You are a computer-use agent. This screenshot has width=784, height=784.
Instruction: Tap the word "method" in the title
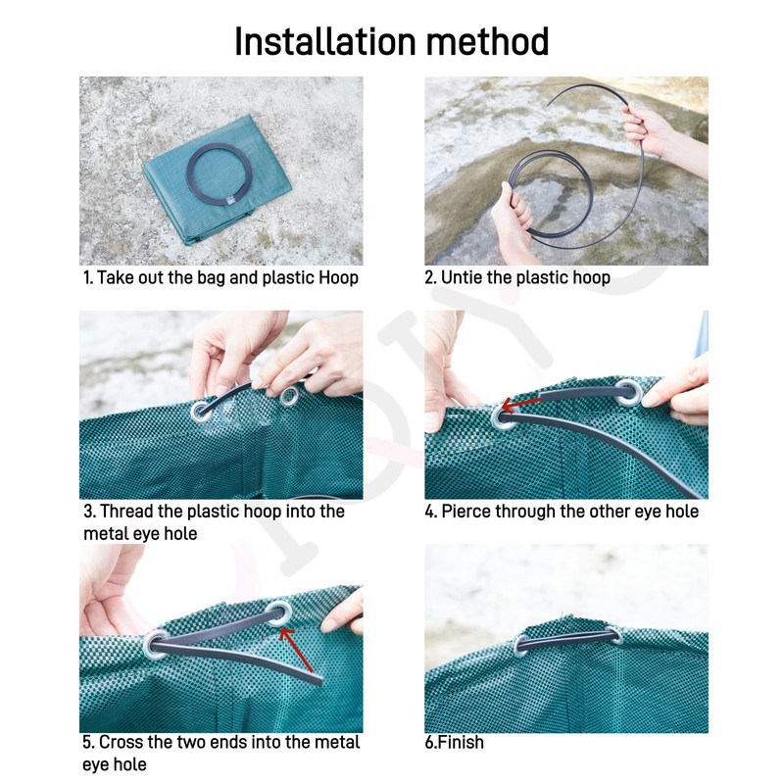coord(488,41)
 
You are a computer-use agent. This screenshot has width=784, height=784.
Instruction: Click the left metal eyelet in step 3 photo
coord(201,411)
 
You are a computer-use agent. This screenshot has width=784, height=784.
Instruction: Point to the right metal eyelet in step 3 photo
coord(288,397)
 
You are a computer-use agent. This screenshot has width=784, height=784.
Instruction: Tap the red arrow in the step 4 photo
coord(520,404)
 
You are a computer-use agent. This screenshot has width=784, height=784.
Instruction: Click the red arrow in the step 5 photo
coord(296,649)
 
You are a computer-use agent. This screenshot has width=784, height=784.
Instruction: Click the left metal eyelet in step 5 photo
coord(155,645)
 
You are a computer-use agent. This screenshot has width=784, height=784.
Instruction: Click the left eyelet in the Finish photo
coord(520,646)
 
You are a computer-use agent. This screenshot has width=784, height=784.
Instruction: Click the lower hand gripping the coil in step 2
coord(513,219)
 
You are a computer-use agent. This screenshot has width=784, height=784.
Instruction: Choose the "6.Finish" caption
coord(455,742)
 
